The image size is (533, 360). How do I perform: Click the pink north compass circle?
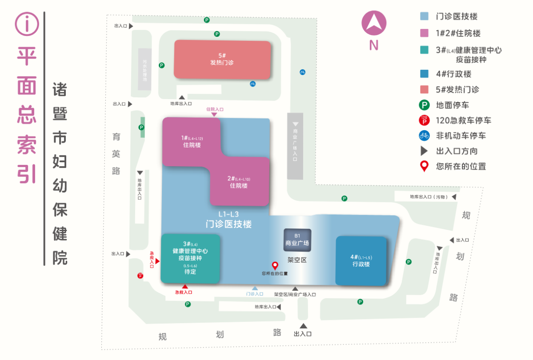[x=374, y=23]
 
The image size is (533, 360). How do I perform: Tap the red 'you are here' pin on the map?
[x=275, y=266]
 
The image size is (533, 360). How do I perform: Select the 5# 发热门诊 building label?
[x=222, y=60]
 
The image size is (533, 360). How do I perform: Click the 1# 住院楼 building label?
[x=192, y=141]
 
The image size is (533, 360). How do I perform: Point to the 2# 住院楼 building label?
[x=239, y=182]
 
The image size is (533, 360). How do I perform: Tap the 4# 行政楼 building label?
[x=361, y=260]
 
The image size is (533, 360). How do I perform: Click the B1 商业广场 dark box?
[x=297, y=240]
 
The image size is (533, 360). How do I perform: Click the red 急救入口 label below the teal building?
[x=184, y=292]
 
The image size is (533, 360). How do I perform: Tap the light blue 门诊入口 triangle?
[x=255, y=288]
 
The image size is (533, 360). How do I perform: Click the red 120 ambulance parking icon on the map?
[x=140, y=276]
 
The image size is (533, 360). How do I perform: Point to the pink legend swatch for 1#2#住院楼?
[x=425, y=33]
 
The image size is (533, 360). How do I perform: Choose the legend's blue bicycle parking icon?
[x=425, y=136]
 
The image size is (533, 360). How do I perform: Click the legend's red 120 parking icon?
[x=425, y=120]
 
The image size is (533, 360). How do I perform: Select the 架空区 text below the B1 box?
[x=297, y=260]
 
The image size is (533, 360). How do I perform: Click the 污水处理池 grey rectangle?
[x=144, y=69]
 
